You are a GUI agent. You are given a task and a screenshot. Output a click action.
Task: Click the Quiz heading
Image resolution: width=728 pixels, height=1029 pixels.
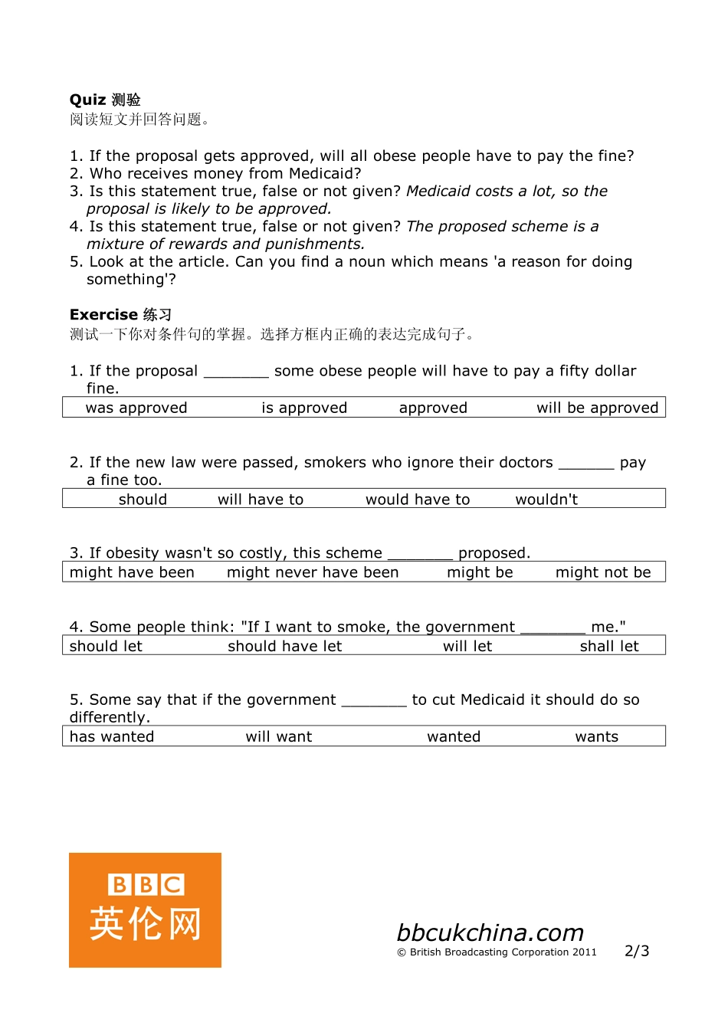pos(105,100)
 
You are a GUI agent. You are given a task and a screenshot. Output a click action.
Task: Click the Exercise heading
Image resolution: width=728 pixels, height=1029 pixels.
pos(120,315)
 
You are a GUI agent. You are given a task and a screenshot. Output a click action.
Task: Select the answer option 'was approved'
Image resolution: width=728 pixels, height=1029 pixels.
pos(136,408)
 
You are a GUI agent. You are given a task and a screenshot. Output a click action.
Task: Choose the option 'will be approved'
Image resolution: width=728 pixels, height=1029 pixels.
pos(597,408)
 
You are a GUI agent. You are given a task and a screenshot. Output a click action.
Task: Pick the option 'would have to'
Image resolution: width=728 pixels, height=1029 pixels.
pos(418,500)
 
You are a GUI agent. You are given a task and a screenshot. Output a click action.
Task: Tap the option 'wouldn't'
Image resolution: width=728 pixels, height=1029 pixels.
pos(546,500)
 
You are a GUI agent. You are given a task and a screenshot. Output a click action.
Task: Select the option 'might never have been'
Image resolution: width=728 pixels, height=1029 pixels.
pos(313,572)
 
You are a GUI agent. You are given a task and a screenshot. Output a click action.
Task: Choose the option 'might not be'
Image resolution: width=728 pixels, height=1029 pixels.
pos(603,572)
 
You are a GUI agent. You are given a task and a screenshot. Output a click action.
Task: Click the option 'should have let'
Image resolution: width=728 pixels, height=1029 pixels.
pos(284,646)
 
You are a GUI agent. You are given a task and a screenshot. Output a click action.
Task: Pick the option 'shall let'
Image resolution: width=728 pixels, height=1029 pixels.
pos(609,646)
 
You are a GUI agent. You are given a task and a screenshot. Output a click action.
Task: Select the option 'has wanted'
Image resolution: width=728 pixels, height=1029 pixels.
pos(112,736)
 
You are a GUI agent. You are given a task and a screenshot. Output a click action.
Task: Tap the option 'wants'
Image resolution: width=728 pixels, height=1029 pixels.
pos(596,736)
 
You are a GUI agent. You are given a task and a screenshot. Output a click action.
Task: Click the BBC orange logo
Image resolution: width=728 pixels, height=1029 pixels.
pos(145,910)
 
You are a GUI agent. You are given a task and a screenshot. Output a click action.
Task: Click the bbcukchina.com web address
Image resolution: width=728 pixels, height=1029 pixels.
pos(490,932)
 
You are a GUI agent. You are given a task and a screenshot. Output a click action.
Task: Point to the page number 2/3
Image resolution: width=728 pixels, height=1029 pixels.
pos(637,951)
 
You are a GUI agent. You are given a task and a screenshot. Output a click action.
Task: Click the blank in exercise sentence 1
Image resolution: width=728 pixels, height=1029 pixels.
pos(236,373)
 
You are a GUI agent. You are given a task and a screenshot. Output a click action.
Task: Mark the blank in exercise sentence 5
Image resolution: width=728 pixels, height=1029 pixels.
pos(374,702)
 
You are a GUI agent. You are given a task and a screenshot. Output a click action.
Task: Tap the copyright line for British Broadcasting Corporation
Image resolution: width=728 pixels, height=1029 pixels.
pos(497,952)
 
